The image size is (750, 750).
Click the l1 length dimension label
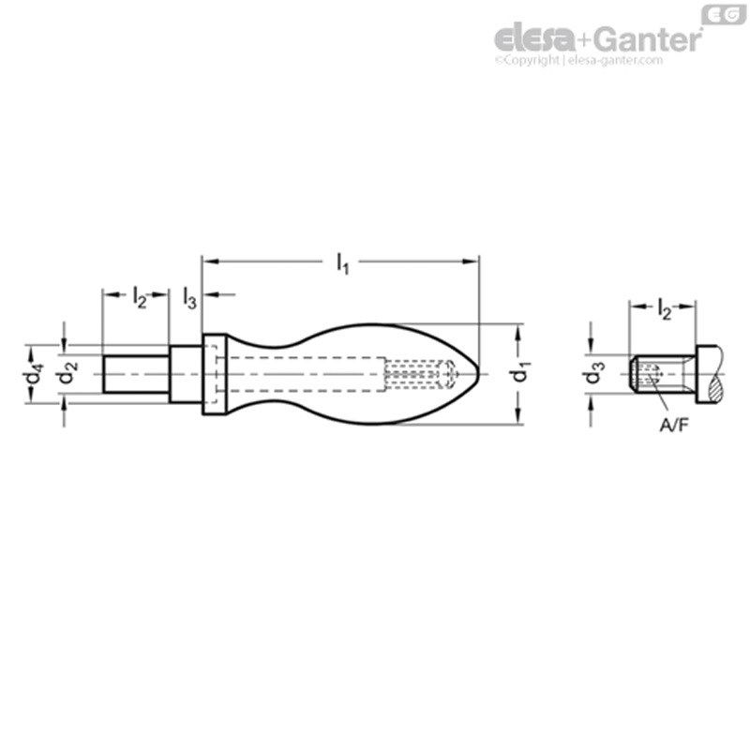point(343,265)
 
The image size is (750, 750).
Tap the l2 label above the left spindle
point(139,299)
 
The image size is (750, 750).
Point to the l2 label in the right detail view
point(663,310)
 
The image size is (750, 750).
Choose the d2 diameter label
point(66,373)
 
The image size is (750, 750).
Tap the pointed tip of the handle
point(477,374)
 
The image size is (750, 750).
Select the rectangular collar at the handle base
point(213,374)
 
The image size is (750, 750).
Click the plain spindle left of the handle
point(135,373)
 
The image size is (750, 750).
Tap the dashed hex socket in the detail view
point(648,375)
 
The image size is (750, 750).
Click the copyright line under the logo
point(578,59)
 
